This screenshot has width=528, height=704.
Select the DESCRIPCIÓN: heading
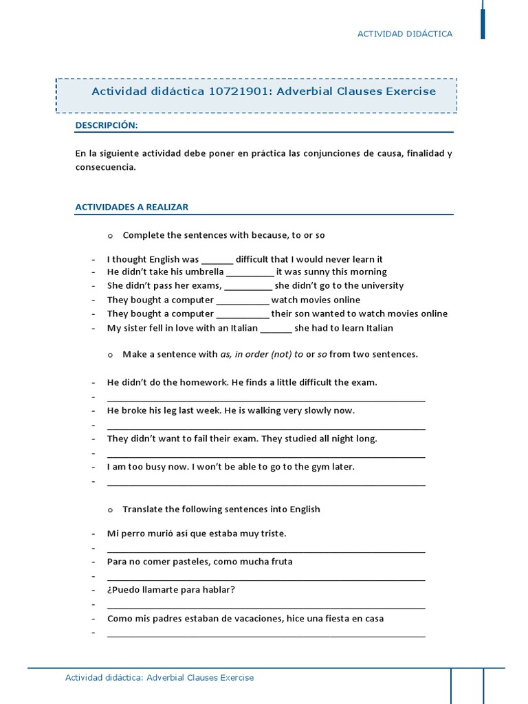(107, 125)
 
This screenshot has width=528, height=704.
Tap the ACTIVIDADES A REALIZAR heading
(131, 207)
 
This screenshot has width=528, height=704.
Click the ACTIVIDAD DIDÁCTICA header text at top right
(405, 34)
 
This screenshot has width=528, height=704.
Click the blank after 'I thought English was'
(217, 261)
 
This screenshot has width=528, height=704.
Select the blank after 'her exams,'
(248, 287)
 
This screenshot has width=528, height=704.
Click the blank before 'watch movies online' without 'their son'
(243, 301)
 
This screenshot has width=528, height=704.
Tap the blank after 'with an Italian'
(276, 329)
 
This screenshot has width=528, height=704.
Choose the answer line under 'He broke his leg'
(266, 426)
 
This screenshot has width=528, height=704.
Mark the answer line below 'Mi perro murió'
(266, 549)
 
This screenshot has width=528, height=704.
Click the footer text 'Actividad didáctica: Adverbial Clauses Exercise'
(159, 678)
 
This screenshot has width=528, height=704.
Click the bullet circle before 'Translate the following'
(109, 510)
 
